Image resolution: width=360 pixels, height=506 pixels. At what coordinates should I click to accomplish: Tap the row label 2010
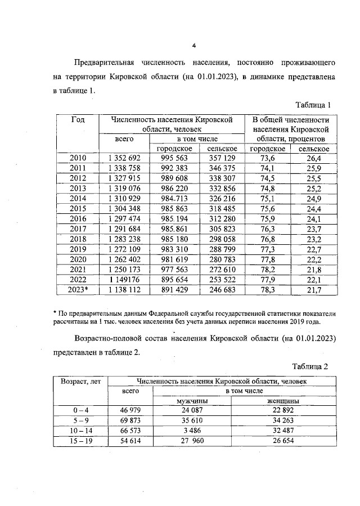[78, 158]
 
